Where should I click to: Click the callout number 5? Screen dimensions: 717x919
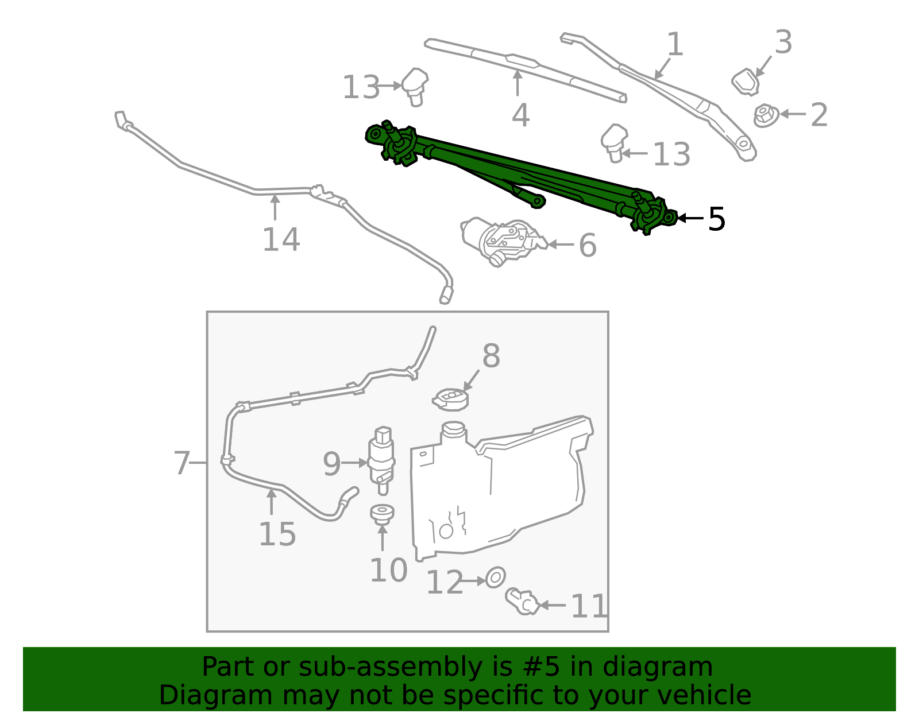tap(716, 219)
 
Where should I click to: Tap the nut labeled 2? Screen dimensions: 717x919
tap(765, 115)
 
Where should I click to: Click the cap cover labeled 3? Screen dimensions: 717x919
tap(746, 82)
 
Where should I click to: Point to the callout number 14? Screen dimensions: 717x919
tap(281, 240)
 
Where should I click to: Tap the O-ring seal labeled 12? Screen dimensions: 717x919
tap(496, 578)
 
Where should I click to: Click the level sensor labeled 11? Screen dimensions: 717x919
tap(522, 601)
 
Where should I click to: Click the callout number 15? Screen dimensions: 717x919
tap(277, 534)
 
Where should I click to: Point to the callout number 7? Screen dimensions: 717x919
tap(182, 463)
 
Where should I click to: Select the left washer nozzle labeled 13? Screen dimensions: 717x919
tap(415, 86)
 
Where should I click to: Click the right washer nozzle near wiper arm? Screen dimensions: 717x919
tap(613, 142)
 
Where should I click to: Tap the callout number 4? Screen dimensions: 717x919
tap(520, 115)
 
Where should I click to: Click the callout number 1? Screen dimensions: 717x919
tap(674, 44)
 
